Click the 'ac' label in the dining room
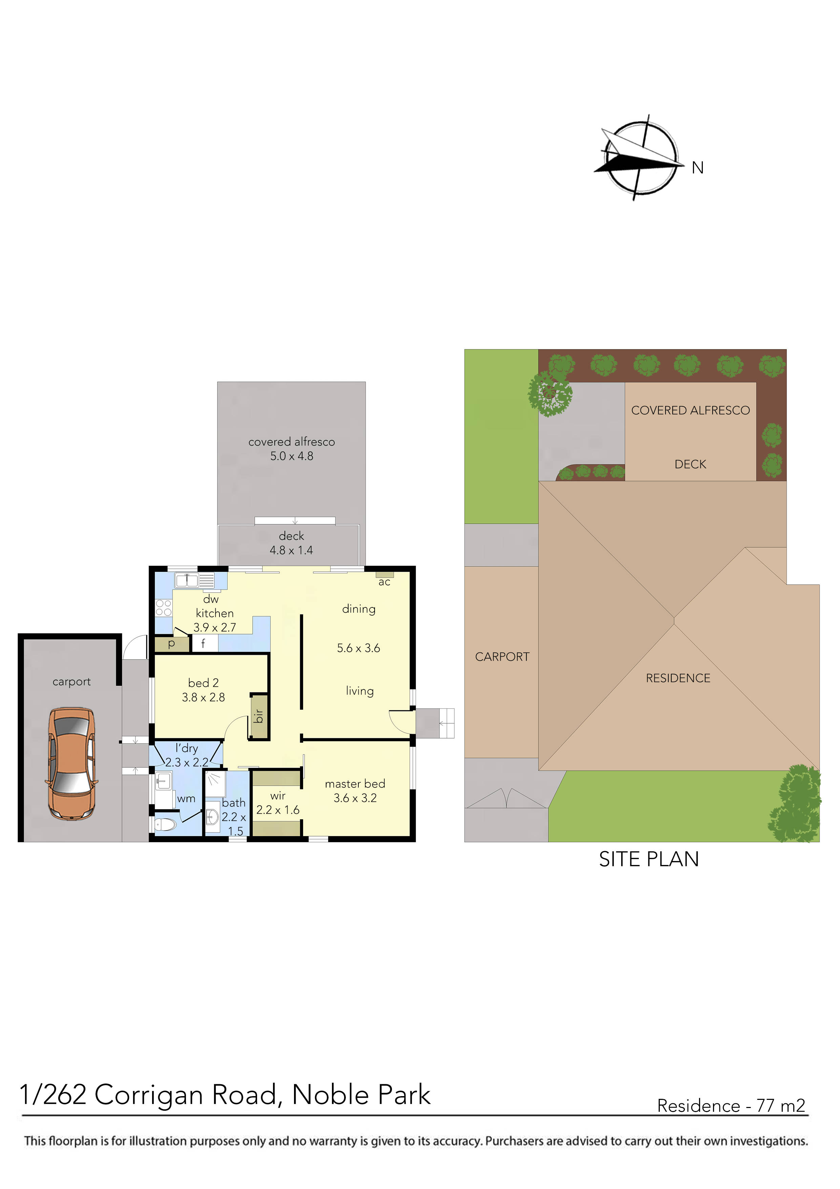click(384, 582)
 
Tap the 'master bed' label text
click(355, 784)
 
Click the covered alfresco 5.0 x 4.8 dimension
click(291, 456)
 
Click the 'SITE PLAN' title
click(649, 859)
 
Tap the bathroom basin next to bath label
click(212, 818)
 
